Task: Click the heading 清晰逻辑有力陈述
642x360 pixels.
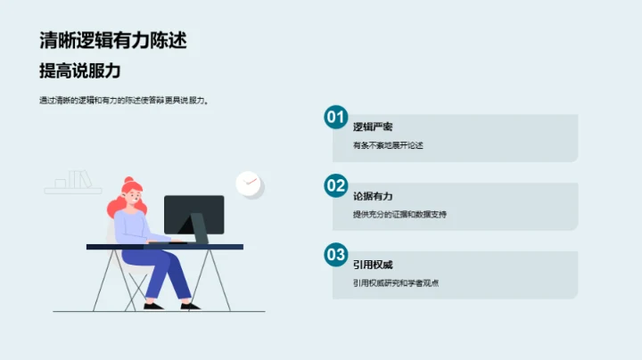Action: pos(113,40)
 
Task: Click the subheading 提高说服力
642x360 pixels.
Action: pos(80,70)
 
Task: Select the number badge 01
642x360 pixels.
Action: pos(335,117)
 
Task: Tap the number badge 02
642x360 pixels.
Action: pos(335,185)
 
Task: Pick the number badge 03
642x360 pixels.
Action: pos(335,255)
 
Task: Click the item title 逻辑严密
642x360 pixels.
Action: pos(373,127)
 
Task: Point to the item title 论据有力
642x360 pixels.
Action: pos(373,195)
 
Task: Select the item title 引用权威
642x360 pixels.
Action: pos(373,265)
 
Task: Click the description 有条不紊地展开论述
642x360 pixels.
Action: pos(388,144)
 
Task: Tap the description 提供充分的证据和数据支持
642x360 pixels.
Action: pos(399,214)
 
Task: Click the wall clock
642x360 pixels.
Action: pos(249,184)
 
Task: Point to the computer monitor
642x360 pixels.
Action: pos(194,214)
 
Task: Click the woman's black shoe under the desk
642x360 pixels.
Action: pos(153,306)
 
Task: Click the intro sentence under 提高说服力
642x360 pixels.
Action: pos(124,101)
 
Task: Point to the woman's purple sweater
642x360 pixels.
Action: pos(134,228)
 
